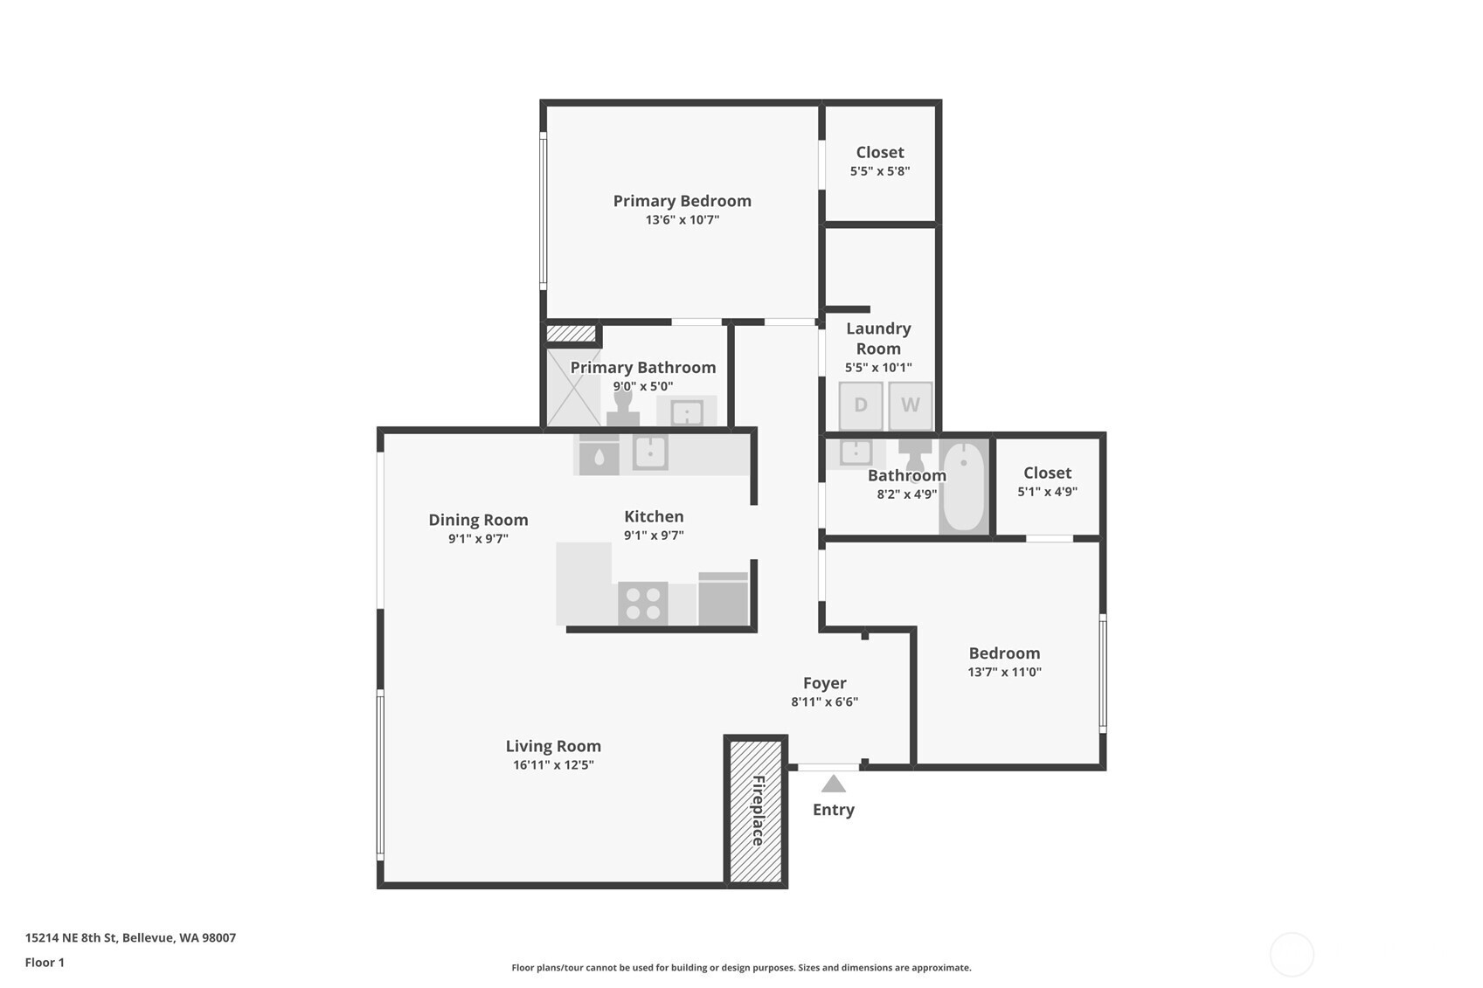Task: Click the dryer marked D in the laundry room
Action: click(x=861, y=405)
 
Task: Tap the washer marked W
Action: click(x=911, y=405)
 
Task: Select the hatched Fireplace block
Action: click(x=756, y=811)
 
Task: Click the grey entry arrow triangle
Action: click(x=834, y=784)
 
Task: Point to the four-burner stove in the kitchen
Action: click(x=643, y=604)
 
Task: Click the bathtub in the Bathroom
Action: click(x=964, y=486)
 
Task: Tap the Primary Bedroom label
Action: click(x=682, y=201)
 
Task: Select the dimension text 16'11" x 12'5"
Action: click(x=553, y=765)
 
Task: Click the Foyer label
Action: click(x=825, y=683)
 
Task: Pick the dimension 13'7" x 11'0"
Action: click(x=1004, y=673)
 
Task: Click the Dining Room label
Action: click(x=478, y=520)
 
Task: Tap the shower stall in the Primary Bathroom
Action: click(x=574, y=387)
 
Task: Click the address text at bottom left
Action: click(x=130, y=937)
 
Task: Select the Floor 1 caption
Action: click(x=45, y=963)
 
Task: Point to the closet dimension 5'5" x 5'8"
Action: click(x=880, y=171)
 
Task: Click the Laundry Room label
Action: click(x=878, y=338)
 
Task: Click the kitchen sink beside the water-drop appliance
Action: click(x=650, y=453)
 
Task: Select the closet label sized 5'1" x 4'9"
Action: click(x=1048, y=473)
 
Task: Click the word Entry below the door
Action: click(x=834, y=810)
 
